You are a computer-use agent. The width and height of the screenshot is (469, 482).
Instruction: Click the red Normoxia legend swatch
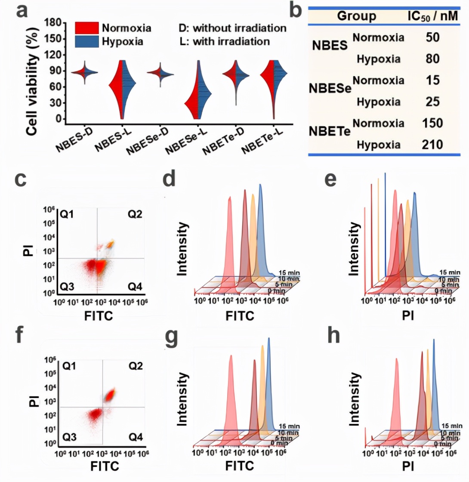coord(87,28)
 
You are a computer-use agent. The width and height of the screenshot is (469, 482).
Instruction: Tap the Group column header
coord(357,16)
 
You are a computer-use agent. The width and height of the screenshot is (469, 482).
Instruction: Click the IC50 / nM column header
coord(432,17)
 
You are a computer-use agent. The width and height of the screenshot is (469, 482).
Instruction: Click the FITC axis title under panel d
coord(240,316)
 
